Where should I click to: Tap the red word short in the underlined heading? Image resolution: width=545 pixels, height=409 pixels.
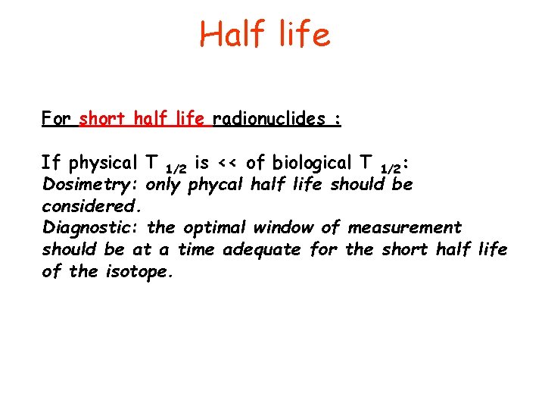pos(104,120)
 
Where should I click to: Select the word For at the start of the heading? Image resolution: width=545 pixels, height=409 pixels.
pos(57,120)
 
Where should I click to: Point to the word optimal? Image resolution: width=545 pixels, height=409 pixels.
pos(213,227)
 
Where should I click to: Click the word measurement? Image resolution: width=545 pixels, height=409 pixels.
pos(404,227)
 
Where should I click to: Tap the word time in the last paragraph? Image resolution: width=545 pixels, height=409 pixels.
pos(196,249)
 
